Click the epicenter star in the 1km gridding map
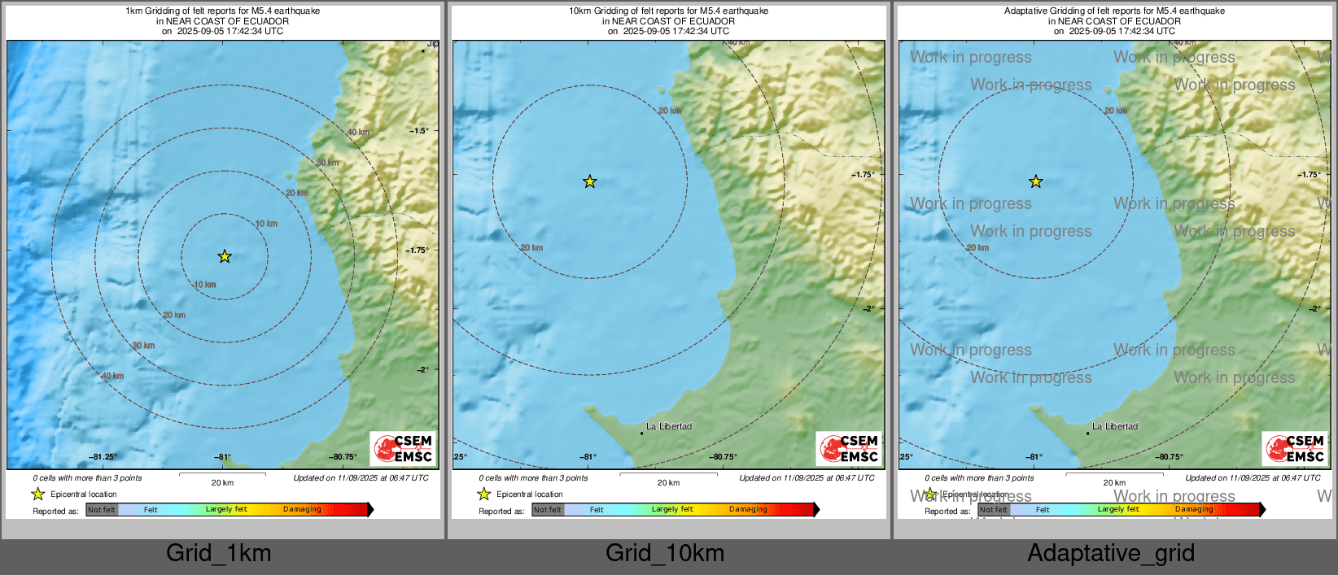[225, 257]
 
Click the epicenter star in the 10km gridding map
[589, 182]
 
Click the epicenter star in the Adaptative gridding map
[1035, 182]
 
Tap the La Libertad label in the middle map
[669, 426]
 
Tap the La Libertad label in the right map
[1115, 426]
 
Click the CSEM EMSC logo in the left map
[404, 448]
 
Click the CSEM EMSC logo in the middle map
[850, 448]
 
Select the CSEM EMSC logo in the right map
[1296, 448]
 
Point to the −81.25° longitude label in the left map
[103, 457]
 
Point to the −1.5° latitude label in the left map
[418, 131]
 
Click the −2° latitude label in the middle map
[868, 309]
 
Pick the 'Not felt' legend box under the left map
[102, 510]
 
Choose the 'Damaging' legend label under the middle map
[748, 510]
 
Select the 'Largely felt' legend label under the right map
[1118, 510]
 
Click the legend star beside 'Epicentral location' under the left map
[37, 494]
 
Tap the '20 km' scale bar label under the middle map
[668, 483]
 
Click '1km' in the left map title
[133, 11]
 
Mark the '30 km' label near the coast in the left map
[327, 163]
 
